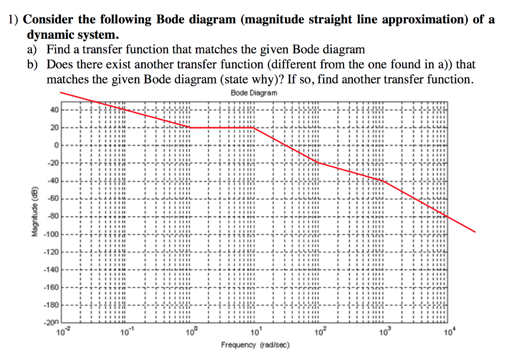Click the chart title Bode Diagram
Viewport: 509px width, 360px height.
[x=254, y=93]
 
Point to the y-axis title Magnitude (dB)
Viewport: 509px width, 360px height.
[x=34, y=212]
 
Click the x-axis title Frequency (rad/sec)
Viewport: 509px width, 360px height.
[x=255, y=345]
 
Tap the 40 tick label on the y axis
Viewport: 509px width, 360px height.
[x=54, y=110]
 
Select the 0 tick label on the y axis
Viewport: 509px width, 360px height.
[x=57, y=145]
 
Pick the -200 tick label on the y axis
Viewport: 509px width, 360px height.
[x=51, y=322]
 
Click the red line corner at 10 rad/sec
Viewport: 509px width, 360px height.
[x=254, y=127]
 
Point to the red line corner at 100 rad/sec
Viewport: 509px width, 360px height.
[x=318, y=163]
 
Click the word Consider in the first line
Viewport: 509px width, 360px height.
[x=48, y=20]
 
